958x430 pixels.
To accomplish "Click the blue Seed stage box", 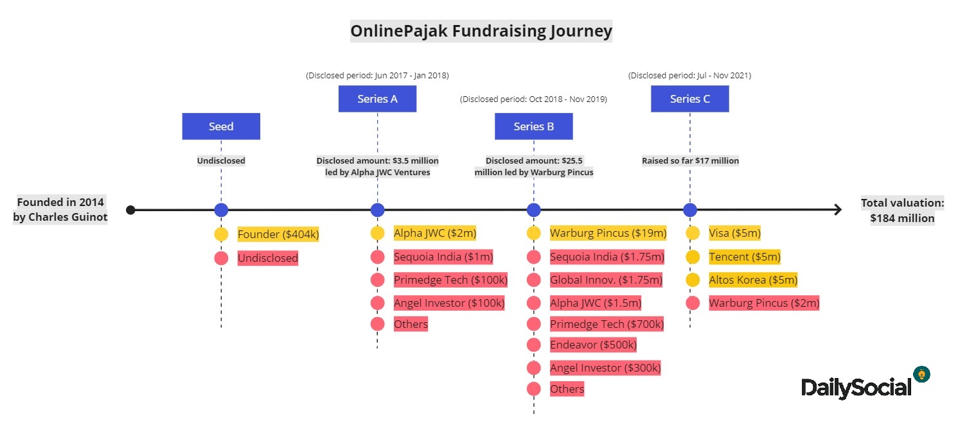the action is pos(221,126).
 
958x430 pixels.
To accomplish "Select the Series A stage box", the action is pos(377,99).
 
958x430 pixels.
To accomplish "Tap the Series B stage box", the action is pos(534,126).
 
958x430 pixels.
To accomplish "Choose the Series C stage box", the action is pos(690,99).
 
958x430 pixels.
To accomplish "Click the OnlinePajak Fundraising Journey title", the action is pos(481,31).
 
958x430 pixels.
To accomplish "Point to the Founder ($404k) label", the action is pos(278,234).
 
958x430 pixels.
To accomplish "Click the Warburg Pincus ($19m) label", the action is pos(608,233).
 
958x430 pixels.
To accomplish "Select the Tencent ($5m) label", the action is pos(745,257).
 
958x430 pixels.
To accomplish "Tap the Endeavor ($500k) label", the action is pos(593,345).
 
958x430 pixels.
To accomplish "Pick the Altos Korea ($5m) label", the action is pos(753,280).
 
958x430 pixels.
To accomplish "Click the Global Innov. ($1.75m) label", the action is pos(606,280).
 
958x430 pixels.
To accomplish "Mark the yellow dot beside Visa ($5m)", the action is pos(693,233).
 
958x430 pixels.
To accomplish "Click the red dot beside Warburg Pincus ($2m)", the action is pos(693,303).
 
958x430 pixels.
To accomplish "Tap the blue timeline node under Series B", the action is pos(534,210).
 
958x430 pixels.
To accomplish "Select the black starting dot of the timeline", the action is pos(131,210).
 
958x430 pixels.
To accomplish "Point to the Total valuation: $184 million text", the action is pos(902,211).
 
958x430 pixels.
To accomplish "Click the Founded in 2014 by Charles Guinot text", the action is pos(60,210).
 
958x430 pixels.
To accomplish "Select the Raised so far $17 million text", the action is pos(690,161).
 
